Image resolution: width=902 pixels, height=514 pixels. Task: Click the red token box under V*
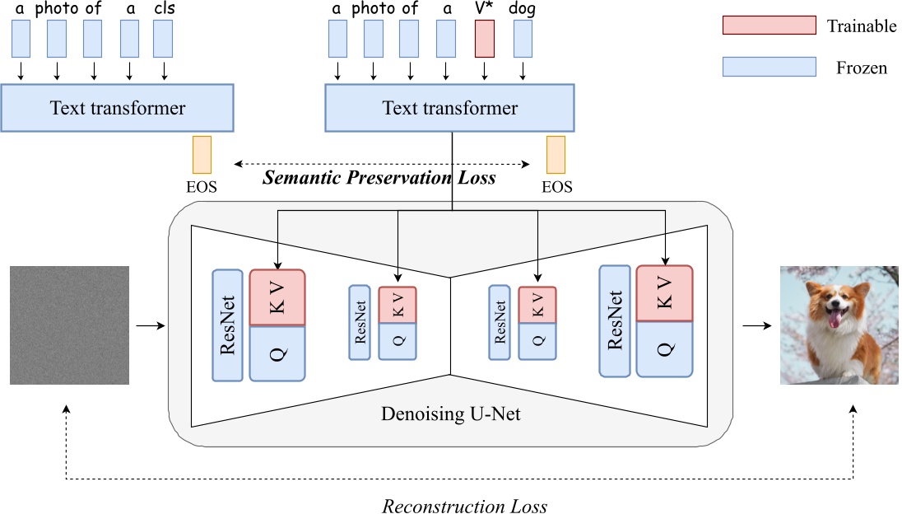point(485,39)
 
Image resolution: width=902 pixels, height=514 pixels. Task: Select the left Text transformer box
point(118,108)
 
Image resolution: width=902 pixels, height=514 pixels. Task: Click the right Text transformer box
point(450,108)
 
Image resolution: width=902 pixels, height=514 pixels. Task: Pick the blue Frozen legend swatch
point(768,67)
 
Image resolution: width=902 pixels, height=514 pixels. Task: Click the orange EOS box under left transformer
point(202,155)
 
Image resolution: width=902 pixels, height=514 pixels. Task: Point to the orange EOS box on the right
point(556,155)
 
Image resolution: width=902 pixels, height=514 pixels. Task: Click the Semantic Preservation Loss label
point(379,176)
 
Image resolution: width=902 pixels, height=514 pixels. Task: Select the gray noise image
point(69,325)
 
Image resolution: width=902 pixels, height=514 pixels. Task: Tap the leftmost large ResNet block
point(228,325)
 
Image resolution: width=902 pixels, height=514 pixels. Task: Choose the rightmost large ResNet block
point(615,320)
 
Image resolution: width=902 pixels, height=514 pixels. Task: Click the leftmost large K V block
point(277,297)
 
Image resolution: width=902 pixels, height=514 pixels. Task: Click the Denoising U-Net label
point(451,414)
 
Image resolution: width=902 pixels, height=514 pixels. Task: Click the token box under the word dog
point(523,39)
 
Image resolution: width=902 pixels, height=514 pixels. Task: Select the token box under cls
point(163,39)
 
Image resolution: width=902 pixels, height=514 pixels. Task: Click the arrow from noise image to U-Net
point(149,325)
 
